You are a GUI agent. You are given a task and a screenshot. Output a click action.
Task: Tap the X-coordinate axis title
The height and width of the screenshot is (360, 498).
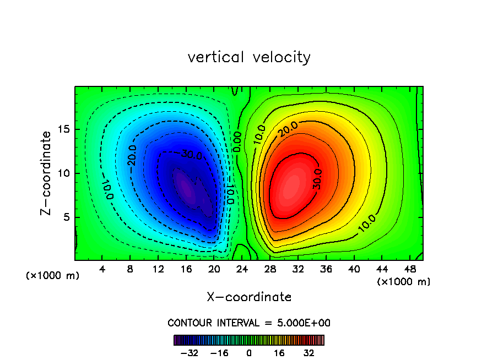coord(249,297)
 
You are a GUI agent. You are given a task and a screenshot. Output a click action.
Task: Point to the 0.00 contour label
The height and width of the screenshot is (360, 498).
coord(236,141)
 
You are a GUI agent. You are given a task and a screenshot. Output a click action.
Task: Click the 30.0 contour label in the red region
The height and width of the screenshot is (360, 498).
coord(317,179)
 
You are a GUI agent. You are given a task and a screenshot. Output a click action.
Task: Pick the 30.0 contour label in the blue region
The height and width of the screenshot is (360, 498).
coord(191,155)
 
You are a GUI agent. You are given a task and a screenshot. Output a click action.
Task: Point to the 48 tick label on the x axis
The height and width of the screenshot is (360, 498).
coord(410,270)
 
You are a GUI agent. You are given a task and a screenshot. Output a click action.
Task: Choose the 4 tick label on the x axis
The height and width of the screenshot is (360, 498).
coord(102,270)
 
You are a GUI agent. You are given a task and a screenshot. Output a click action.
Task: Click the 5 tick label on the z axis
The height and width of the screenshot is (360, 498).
coord(66,217)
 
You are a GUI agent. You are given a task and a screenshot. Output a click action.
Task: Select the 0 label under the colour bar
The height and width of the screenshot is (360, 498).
coord(249,352)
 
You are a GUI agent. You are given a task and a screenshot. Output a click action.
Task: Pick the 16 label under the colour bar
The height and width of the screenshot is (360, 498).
coord(279,352)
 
